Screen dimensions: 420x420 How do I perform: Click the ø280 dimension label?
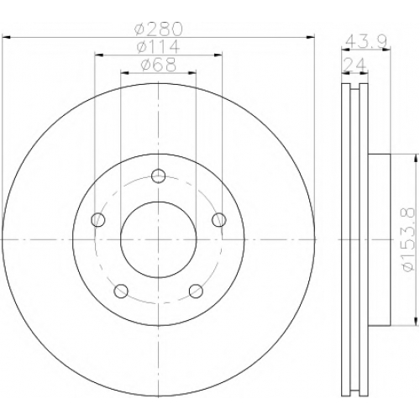(159, 29)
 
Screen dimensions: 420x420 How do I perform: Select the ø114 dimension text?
(158, 46)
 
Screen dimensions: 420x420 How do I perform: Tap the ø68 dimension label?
(159, 65)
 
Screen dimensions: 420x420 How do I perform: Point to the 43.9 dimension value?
(366, 42)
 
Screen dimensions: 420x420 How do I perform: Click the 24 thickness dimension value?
(354, 65)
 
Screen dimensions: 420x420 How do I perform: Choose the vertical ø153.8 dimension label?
(407, 239)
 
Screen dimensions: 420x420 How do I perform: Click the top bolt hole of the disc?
(159, 176)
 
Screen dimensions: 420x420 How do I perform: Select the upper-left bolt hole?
(98, 219)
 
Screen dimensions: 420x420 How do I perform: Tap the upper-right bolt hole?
(219, 219)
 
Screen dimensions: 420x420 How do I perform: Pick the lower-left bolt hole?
(121, 291)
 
